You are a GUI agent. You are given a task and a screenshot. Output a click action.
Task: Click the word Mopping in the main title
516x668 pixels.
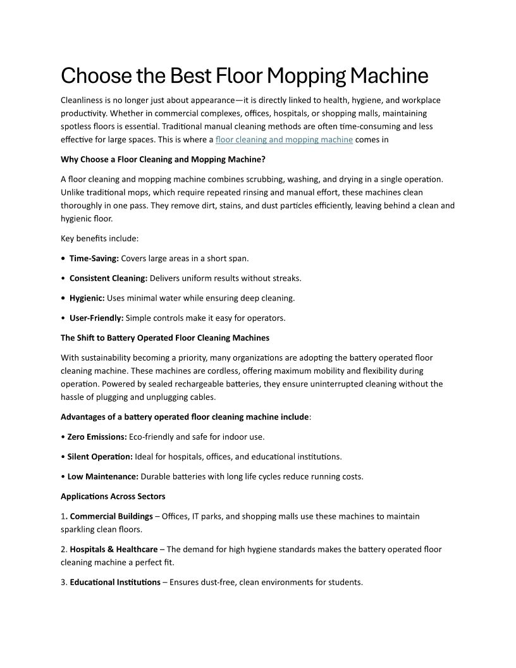305,76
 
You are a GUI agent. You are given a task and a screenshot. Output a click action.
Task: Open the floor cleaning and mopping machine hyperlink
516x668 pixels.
284,140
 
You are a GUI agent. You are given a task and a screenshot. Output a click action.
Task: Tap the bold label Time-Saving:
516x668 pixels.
94,258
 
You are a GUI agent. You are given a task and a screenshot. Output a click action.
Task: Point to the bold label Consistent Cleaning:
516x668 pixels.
108,278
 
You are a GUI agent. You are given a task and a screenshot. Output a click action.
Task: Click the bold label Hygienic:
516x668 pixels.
87,297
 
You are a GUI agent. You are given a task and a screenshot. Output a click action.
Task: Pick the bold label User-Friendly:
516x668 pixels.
96,318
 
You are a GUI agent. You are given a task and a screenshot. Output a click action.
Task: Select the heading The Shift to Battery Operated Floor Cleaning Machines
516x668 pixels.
164,337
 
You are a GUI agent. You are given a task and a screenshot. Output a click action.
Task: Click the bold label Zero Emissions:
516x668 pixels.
97,436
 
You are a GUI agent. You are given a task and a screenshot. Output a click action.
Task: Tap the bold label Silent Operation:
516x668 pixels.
100,456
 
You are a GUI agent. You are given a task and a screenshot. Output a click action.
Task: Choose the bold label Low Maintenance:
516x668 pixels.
102,476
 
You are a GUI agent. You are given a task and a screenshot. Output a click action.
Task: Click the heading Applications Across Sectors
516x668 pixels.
113,496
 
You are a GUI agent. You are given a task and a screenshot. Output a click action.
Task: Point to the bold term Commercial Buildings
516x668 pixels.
111,516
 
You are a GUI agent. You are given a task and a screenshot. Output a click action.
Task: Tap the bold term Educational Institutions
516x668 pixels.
114,582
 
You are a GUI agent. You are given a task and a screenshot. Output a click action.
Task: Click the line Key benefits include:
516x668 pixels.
99,238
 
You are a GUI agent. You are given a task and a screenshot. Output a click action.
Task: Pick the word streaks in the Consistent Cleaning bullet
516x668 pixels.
287,278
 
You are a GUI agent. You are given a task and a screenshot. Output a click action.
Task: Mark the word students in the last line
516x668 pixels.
345,582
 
